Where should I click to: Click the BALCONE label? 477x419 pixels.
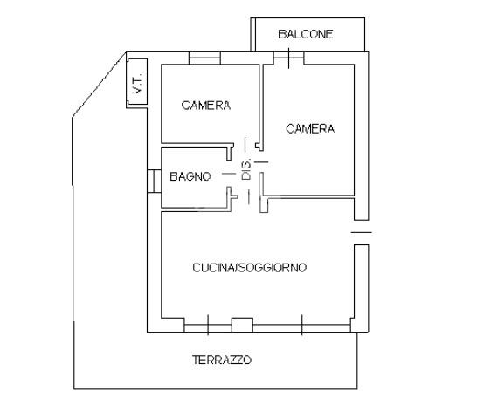[x=306, y=34]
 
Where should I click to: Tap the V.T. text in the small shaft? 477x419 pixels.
[x=137, y=83]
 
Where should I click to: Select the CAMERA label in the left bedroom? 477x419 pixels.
[x=206, y=106]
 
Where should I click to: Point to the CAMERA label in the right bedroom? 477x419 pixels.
[x=310, y=128]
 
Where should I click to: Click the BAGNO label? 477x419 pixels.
[x=190, y=176]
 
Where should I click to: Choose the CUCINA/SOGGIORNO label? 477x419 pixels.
[x=250, y=268]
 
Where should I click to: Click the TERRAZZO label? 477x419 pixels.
[x=222, y=360]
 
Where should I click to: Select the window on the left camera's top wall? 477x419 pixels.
[x=204, y=58]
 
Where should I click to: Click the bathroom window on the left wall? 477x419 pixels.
[x=155, y=181]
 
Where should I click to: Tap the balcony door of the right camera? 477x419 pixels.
[x=288, y=58]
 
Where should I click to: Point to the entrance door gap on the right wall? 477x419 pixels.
[x=362, y=232]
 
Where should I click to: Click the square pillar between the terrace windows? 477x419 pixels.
[x=242, y=325]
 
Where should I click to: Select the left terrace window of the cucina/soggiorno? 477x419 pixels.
[x=208, y=328]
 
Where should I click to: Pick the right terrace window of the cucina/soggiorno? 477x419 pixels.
[x=301, y=328]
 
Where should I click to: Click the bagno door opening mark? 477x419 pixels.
[x=229, y=174]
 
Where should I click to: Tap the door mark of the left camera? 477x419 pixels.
[x=245, y=144]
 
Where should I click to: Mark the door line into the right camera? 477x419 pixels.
[x=261, y=162]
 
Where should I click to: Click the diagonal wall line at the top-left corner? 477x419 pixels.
[x=100, y=85]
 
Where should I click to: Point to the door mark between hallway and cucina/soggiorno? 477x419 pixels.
[x=249, y=196]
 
